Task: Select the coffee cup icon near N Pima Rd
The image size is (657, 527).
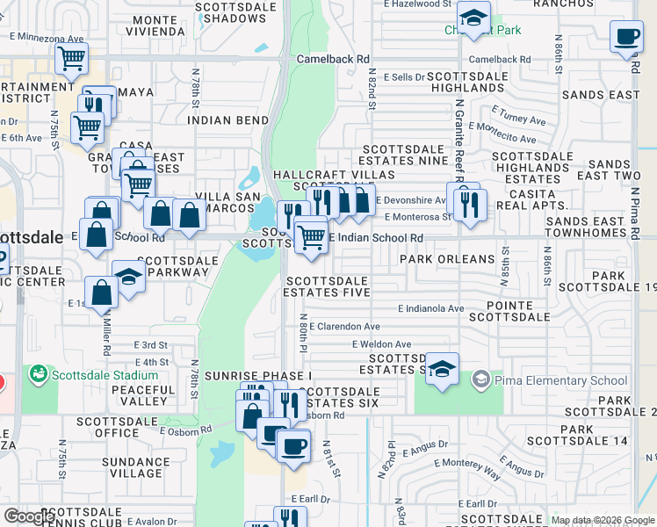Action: point(626,37)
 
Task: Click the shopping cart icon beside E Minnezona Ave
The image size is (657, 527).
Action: point(71,59)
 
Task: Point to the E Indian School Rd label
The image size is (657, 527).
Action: point(375,238)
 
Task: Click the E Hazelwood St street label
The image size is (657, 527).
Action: point(418,5)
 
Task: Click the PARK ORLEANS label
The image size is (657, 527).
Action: point(447,260)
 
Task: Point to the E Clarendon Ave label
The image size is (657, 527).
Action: point(344,326)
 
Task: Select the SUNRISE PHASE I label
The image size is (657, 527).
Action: point(246,376)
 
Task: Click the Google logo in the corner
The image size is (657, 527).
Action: point(30,516)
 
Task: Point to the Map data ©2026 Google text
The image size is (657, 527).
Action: point(603,521)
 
